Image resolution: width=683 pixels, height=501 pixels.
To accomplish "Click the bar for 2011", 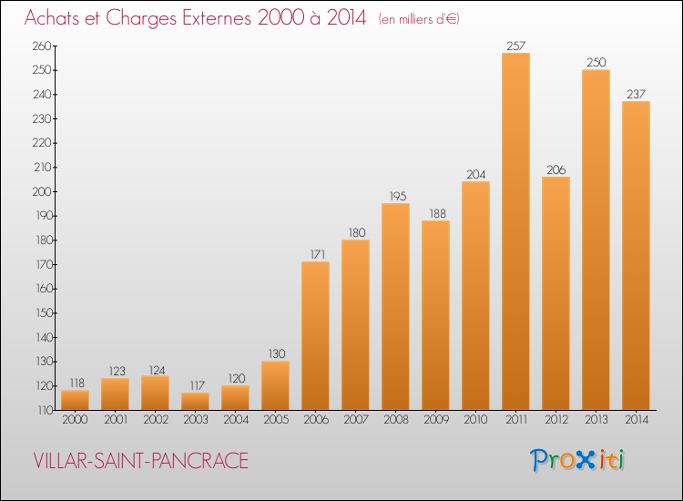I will [x=515, y=231].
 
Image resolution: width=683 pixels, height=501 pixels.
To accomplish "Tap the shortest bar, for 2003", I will [x=195, y=401].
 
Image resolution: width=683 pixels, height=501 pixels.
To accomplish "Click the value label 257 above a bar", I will [x=515, y=45].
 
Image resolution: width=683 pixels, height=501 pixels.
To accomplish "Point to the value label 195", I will [x=395, y=195].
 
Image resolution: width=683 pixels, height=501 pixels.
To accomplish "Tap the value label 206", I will [x=556, y=169].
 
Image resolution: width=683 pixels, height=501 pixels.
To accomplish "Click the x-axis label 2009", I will [x=435, y=419].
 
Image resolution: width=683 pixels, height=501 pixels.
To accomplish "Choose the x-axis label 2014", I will [x=636, y=419].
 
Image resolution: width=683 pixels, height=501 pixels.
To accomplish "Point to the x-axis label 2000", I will [x=75, y=419].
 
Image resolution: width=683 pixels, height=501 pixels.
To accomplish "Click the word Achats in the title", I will [x=57, y=19].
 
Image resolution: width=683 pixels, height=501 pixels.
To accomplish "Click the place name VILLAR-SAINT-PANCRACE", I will [x=140, y=461].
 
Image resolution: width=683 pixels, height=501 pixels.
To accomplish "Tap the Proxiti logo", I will [x=577, y=460].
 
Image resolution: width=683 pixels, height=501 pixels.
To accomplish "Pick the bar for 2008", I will [x=395, y=306].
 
